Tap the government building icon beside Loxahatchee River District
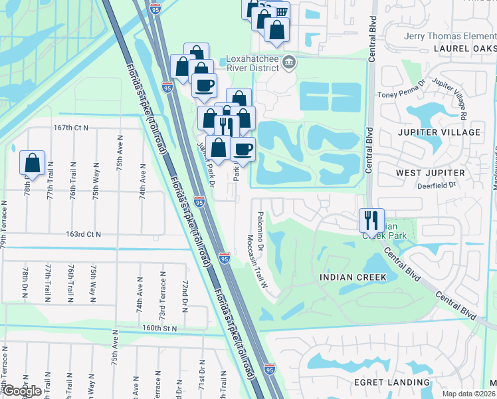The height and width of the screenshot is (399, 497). (x=289, y=63)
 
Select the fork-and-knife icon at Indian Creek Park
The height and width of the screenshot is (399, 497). (x=371, y=219)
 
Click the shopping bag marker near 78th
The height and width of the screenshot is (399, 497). (x=33, y=162)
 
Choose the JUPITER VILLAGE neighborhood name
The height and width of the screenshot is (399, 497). (x=439, y=132)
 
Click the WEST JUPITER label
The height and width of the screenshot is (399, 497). (x=429, y=173)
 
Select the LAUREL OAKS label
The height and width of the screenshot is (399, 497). (x=465, y=49)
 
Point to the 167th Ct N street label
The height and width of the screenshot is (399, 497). (x=72, y=127)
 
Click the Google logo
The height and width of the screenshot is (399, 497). (x=22, y=391)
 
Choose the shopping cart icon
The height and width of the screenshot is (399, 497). (x=282, y=11)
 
